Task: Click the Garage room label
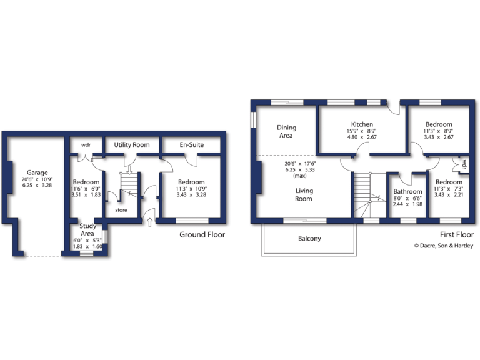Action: click(x=37, y=172)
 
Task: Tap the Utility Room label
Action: click(x=131, y=144)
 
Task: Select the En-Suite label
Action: click(x=192, y=144)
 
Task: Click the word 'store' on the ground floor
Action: click(x=121, y=210)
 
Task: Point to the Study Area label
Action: click(x=87, y=229)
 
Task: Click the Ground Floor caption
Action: click(x=202, y=235)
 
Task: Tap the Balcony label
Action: click(x=309, y=239)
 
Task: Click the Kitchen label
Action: click(x=362, y=124)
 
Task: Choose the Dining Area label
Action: click(x=286, y=131)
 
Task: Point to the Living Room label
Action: click(x=304, y=195)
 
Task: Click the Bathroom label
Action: click(x=407, y=192)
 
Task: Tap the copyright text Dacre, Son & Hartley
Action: click(x=444, y=246)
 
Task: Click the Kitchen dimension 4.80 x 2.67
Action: click(x=362, y=137)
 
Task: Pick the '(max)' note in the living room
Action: click(x=304, y=176)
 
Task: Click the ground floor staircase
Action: click(x=129, y=184)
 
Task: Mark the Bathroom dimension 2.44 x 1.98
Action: click(x=407, y=204)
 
